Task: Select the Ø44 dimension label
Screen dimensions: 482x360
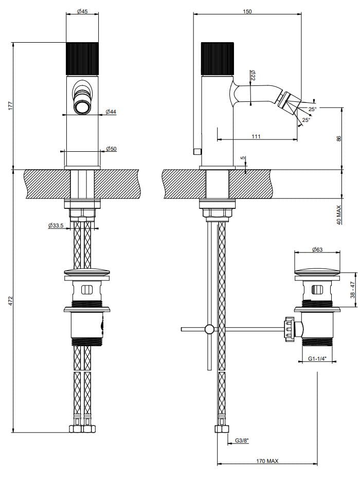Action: (111, 112)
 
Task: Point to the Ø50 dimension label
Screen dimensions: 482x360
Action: (111, 149)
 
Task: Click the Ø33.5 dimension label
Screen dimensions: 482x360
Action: (56, 225)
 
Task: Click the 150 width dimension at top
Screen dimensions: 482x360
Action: (247, 11)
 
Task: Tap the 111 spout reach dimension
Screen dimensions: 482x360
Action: (257, 136)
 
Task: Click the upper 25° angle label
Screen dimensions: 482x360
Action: (313, 109)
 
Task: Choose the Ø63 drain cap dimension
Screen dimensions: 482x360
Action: (317, 249)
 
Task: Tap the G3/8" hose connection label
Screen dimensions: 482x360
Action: (242, 440)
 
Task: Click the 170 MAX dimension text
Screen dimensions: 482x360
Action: (267, 461)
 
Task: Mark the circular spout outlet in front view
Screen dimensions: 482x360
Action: (82, 108)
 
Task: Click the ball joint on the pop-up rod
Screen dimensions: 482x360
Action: (209, 329)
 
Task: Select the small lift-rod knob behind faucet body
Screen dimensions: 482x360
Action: (196, 151)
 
